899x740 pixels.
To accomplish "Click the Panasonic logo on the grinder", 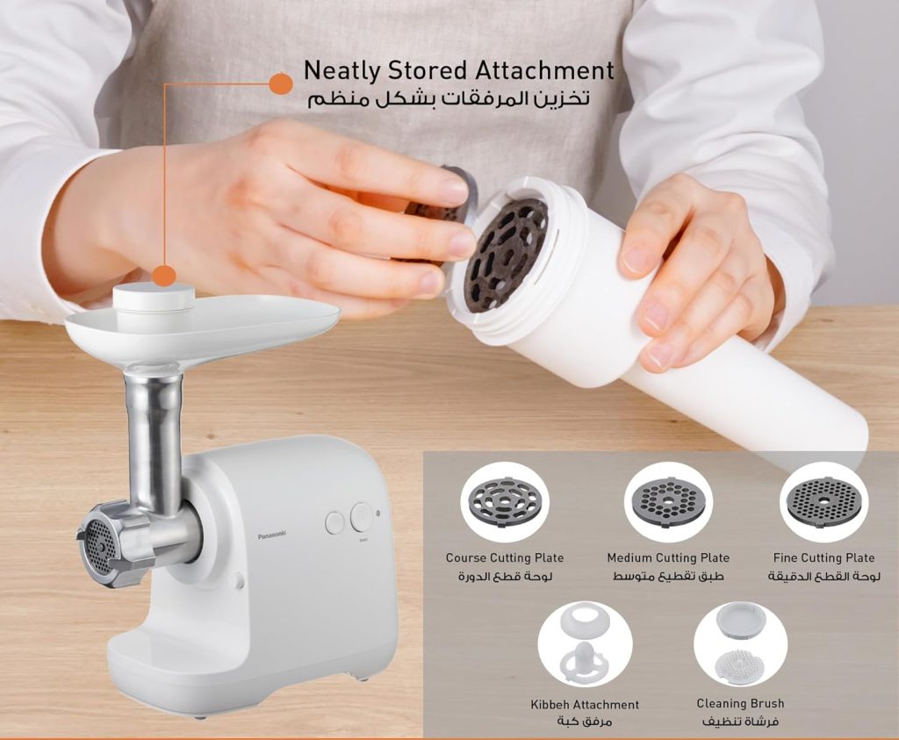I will [x=272, y=534].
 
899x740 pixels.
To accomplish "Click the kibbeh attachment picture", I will [x=585, y=646].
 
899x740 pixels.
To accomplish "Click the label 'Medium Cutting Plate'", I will [x=667, y=557].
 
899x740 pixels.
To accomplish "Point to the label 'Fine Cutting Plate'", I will [x=823, y=557].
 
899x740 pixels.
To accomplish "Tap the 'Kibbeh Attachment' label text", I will [x=585, y=704].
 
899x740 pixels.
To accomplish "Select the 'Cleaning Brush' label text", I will [x=740, y=703].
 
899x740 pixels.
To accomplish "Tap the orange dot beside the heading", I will [x=280, y=84].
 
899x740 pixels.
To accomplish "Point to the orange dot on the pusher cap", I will [x=163, y=276].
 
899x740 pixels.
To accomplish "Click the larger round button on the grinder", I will [x=362, y=516].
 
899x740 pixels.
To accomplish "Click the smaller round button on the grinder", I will [x=334, y=523].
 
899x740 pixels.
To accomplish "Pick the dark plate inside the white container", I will [x=506, y=254].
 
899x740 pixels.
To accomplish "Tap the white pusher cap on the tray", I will [x=154, y=298].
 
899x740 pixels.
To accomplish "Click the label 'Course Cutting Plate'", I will [x=504, y=557].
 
